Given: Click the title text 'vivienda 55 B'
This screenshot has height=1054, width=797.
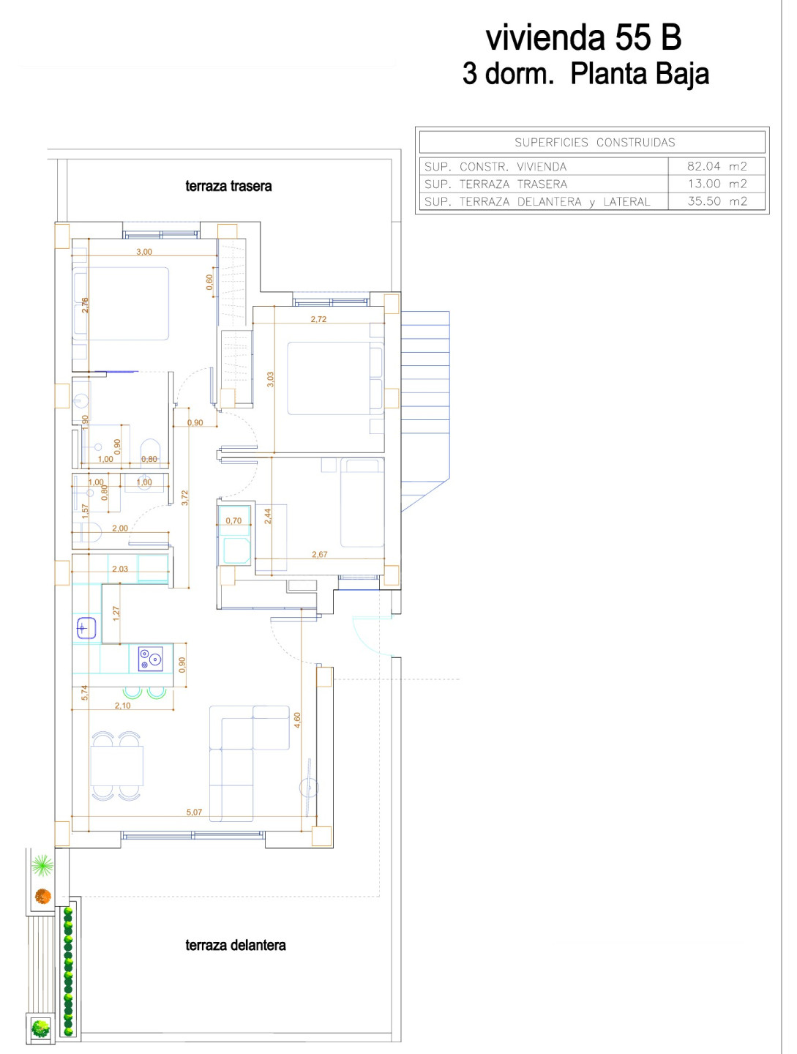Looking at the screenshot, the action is [583, 37].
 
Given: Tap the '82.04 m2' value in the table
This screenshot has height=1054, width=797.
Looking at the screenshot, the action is [716, 166].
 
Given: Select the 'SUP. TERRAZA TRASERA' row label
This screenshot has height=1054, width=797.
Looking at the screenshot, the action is [495, 184].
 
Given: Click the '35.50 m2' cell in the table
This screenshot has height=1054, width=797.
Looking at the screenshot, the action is [716, 201].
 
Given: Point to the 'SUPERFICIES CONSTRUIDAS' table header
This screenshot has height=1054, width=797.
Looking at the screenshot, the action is [594, 142].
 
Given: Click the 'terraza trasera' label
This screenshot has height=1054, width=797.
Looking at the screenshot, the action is [228, 186].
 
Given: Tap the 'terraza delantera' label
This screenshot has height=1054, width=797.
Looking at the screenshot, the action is [235, 945].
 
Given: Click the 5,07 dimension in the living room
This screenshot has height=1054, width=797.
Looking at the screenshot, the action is [194, 812].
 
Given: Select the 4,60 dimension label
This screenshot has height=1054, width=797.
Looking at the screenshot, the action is [297, 720].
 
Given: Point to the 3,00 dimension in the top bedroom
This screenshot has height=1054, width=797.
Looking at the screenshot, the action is [144, 252].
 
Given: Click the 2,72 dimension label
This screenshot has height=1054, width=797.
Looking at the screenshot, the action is [318, 319].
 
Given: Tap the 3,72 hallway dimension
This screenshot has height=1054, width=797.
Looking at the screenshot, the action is [185, 498].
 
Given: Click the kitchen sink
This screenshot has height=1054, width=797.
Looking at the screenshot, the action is [86, 627].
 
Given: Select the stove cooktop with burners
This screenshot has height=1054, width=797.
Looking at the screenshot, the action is [150, 658].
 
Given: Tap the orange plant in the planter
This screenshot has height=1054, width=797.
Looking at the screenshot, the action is [42, 896].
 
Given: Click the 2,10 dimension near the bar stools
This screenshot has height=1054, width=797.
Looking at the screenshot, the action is [122, 706].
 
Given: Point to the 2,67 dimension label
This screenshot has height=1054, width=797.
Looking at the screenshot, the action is [319, 554].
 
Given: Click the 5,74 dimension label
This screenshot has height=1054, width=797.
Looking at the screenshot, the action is [84, 692].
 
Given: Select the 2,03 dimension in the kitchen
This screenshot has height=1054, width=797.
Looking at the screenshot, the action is [120, 569].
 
